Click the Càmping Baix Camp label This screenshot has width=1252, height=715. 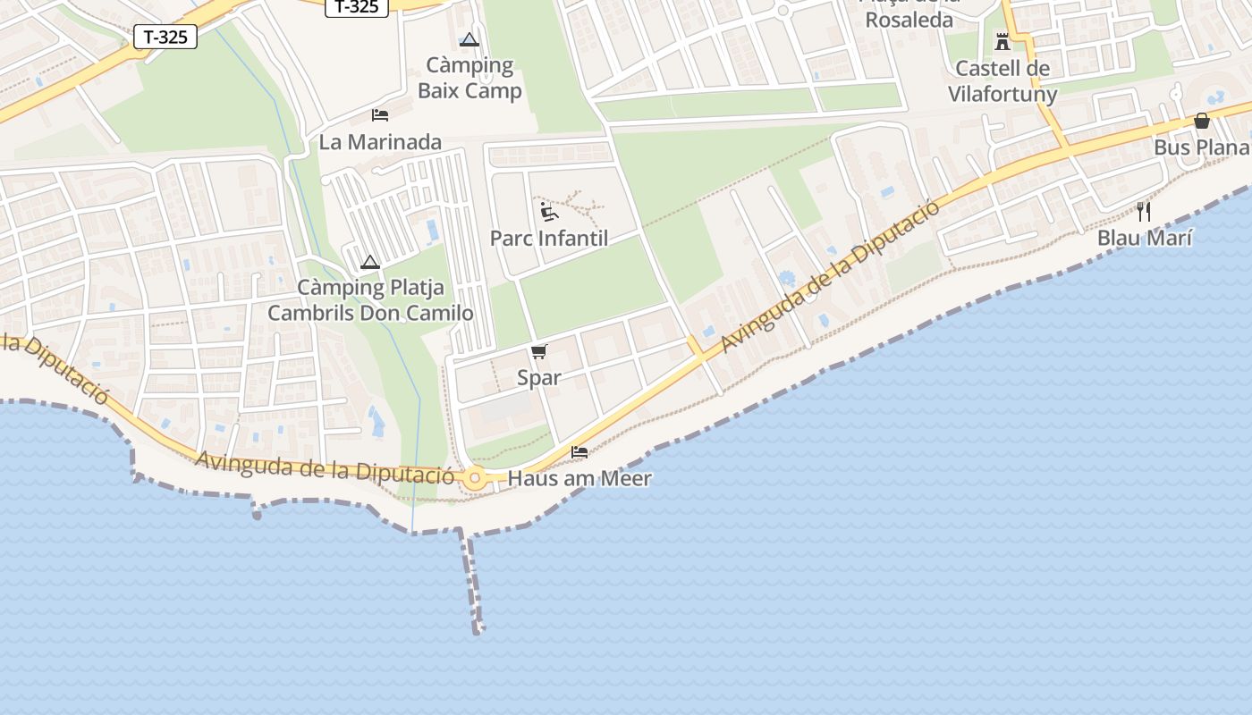469,78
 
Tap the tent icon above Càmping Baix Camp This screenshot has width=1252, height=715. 469,39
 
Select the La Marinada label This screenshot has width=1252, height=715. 380,142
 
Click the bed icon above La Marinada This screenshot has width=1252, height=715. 380,115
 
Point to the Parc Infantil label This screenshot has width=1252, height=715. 549,239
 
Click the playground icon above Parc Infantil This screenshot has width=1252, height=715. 549,212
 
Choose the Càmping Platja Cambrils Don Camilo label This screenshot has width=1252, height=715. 370,300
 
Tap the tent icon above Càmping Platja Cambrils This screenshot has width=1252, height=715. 370,262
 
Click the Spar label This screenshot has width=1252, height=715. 539,378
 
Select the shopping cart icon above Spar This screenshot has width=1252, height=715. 538,351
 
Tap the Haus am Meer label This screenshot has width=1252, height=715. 579,478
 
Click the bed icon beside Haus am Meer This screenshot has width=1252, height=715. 579,451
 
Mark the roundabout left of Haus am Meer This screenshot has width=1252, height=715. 475,479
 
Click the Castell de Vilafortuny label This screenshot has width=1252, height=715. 1002,81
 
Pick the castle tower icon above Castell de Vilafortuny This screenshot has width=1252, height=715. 1002,41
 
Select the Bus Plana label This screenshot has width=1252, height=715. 1201,147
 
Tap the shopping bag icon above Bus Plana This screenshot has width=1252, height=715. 1202,121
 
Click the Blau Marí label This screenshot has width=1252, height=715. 1145,239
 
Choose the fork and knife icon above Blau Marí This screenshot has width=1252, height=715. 1144,212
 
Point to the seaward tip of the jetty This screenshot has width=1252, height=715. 478,630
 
